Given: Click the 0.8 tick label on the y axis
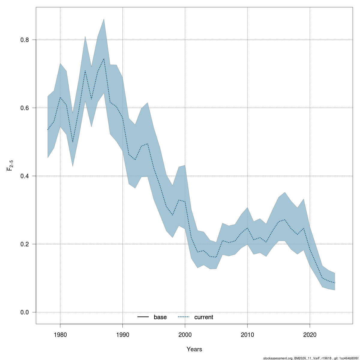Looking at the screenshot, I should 25,40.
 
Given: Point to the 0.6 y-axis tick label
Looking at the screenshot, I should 25,108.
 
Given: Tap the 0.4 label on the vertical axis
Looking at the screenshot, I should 25,176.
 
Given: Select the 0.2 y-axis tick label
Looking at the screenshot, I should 25,244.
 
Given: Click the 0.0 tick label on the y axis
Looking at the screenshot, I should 25,312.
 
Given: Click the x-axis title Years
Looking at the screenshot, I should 194,349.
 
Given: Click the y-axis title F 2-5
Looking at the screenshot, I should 10,165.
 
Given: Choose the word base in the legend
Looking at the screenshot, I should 160,317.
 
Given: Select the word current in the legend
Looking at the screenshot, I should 204,317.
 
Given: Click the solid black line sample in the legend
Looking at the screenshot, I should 143,317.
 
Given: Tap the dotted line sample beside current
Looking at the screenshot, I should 184,317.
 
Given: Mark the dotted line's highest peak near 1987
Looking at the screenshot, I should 104,58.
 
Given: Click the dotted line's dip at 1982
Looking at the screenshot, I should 73,142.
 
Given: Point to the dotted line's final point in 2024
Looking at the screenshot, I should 334,283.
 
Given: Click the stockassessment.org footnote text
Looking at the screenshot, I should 310,358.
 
